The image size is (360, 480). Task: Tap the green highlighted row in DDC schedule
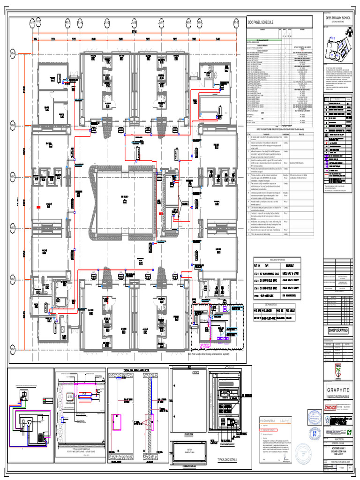click(262, 41)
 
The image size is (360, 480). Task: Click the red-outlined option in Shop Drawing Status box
click(272, 429)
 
